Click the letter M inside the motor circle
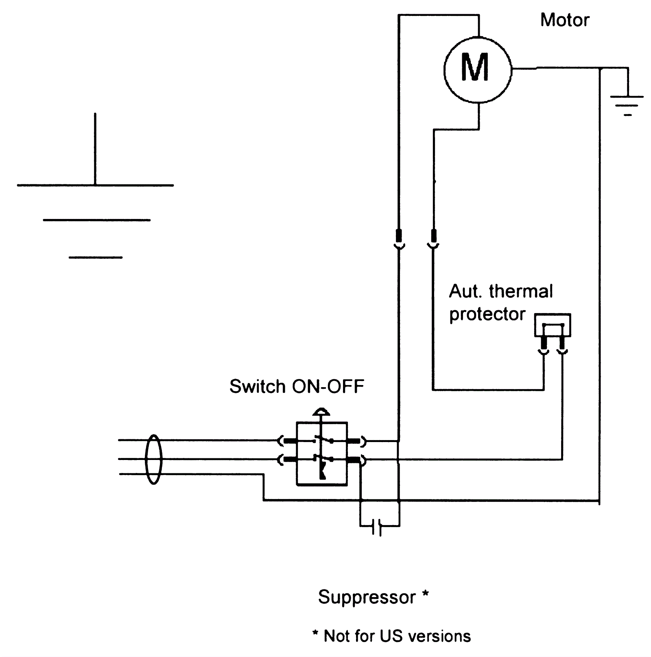coord(474,68)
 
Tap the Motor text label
coord(565,20)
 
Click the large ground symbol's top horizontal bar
coord(95,186)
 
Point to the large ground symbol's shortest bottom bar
coord(96,258)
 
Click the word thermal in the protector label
coord(521,291)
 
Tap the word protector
coord(487,314)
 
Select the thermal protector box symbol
coord(553,325)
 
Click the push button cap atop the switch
coord(321,412)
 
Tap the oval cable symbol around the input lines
coord(154,459)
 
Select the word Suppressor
coord(367,597)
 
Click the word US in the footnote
coord(390,636)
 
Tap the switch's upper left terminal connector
coord(287,440)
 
